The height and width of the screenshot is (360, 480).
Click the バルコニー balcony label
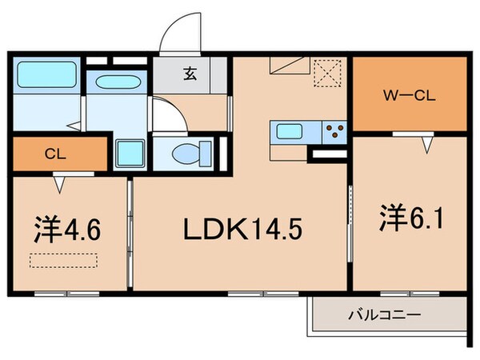pyautogui.click(x=383, y=315)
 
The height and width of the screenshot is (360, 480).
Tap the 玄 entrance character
pyautogui.click(x=190, y=76)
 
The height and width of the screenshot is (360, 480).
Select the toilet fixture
pyautogui.click(x=192, y=151)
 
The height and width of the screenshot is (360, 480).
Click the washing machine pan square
pyautogui.click(x=126, y=152)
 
